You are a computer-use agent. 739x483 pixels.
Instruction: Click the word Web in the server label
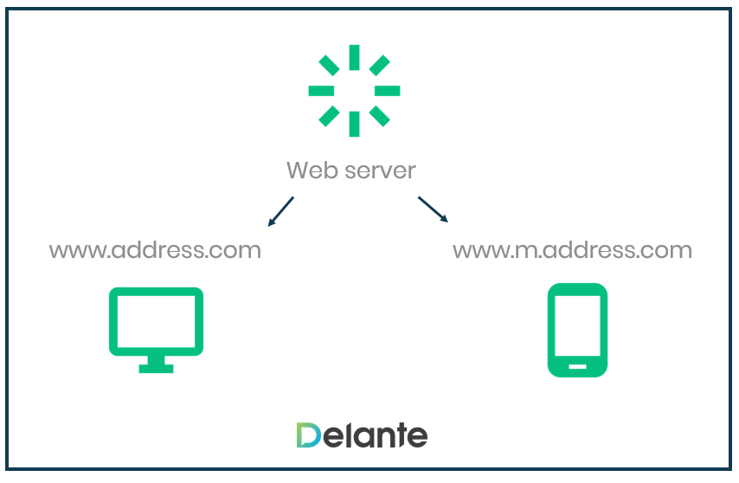pyautogui.click(x=308, y=170)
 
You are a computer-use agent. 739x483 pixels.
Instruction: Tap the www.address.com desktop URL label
pyautogui.click(x=155, y=251)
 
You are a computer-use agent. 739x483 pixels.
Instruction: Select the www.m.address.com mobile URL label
pyautogui.click(x=572, y=251)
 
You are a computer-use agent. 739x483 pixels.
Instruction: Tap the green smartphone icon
pyautogui.click(x=577, y=330)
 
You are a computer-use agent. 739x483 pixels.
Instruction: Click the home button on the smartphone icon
pyautogui.click(x=577, y=365)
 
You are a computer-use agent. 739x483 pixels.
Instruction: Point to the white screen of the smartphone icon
pyautogui.click(x=577, y=325)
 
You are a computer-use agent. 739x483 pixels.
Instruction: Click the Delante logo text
pyautogui.click(x=361, y=435)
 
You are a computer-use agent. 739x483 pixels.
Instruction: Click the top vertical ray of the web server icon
pyautogui.click(x=354, y=57)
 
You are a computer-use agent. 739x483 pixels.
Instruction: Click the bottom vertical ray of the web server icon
pyautogui.click(x=354, y=124)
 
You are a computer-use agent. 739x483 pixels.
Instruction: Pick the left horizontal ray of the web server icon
pyautogui.click(x=321, y=91)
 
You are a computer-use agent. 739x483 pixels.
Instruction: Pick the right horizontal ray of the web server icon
pyautogui.click(x=387, y=91)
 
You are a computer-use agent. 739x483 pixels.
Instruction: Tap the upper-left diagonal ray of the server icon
pyautogui.click(x=330, y=66)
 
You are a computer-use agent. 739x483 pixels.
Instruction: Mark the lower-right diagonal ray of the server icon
pyautogui.click(x=378, y=115)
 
